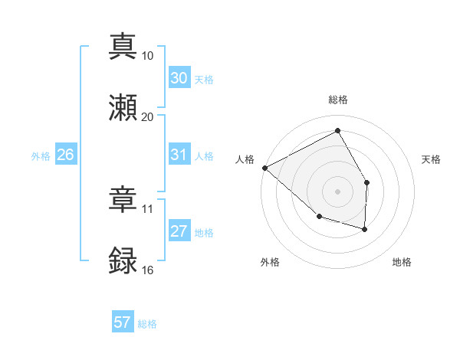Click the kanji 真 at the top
[x=123, y=45]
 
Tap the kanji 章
[x=123, y=198]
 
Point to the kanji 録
[x=123, y=260]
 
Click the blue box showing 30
[x=179, y=78]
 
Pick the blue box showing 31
[x=179, y=155]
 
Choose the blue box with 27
[x=179, y=231]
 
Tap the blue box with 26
[x=66, y=155]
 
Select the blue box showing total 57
[x=123, y=322]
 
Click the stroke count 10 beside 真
[x=148, y=55]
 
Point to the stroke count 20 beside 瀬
[x=148, y=116]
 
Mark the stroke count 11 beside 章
[x=148, y=208]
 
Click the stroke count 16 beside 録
[x=148, y=270]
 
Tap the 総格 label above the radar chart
[x=338, y=100]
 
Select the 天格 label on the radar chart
[x=432, y=159]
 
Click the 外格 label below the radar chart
[x=270, y=263]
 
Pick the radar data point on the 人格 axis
[x=264, y=168]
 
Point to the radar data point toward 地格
[x=365, y=229]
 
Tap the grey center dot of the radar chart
[x=338, y=191]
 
